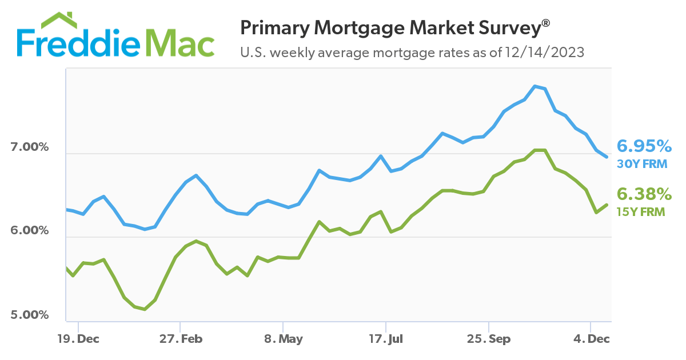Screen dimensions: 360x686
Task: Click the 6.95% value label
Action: (x=643, y=146)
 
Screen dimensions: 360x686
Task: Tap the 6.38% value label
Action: (x=643, y=195)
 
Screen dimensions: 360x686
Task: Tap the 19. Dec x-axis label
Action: (x=78, y=339)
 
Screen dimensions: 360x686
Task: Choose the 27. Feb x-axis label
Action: (x=181, y=339)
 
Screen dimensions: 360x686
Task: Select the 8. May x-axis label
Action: (x=284, y=339)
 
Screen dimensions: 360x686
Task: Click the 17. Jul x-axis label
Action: (x=386, y=339)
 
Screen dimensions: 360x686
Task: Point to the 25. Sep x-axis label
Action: (x=489, y=339)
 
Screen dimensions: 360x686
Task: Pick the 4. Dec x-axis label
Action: (x=592, y=339)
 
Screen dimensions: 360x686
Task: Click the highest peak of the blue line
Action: (x=535, y=86)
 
